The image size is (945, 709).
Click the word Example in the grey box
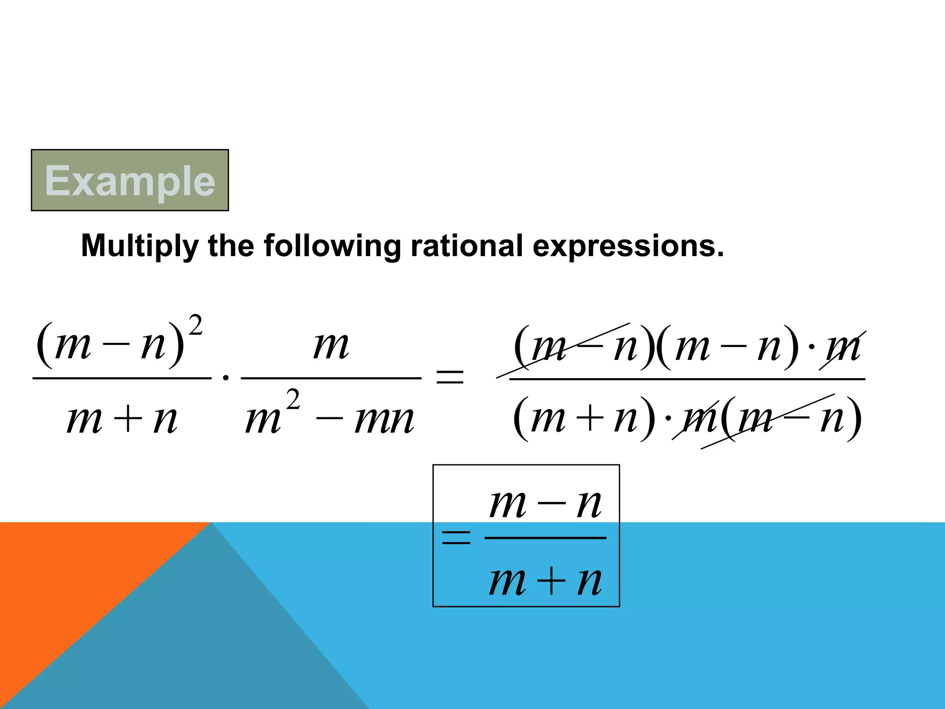pyautogui.click(x=130, y=181)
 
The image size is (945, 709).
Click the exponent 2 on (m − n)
pyautogui.click(x=196, y=325)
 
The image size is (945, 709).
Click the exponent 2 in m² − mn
pyautogui.click(x=293, y=400)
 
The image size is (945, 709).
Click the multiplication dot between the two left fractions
pyautogui.click(x=226, y=378)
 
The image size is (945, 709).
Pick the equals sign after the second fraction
pyautogui.click(x=449, y=377)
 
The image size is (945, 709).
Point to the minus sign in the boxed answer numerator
pyautogui.click(x=551, y=504)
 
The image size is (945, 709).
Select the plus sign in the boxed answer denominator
pyautogui.click(x=551, y=581)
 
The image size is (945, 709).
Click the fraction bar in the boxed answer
pyautogui.click(x=545, y=538)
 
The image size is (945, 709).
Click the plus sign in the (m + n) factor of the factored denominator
pyautogui.click(x=589, y=419)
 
